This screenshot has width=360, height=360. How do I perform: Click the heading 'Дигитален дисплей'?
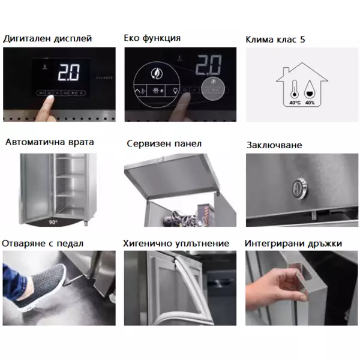47,38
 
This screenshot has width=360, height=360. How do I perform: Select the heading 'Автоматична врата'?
49,143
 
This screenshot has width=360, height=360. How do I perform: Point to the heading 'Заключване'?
274,145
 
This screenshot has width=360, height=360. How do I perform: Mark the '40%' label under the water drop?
310,103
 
